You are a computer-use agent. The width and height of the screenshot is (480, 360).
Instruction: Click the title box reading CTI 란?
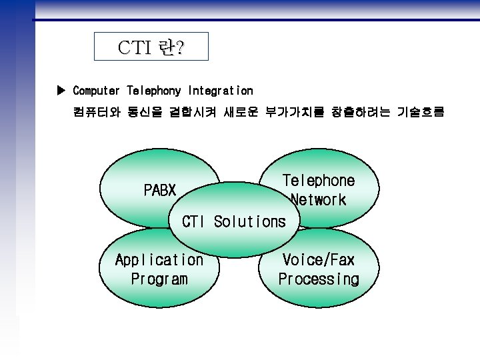[151, 47]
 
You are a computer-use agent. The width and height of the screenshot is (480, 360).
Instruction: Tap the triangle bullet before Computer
[62, 90]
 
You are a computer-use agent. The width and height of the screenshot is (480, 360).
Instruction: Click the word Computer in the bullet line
[96, 90]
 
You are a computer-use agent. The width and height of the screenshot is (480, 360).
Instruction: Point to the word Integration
[221, 90]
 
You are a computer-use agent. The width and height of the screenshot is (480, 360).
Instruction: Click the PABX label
[160, 191]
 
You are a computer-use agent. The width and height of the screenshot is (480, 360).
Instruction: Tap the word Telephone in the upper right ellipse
[319, 181]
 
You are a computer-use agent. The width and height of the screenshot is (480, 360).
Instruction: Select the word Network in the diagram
[319, 200]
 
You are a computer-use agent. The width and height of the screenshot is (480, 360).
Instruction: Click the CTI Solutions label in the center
[233, 222]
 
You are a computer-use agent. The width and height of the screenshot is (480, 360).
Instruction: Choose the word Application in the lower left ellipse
[159, 260]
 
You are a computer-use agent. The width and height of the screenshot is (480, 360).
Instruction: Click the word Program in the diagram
[159, 279]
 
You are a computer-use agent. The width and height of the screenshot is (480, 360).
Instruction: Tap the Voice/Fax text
[319, 260]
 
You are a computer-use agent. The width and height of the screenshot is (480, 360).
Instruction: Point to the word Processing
[319, 279]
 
